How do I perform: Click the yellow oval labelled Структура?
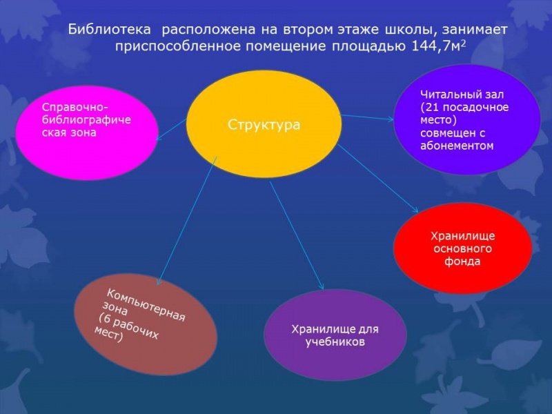(x=264, y=124)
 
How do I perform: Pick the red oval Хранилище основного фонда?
(x=462, y=248)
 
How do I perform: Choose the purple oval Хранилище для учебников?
(x=334, y=335)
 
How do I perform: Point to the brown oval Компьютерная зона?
(x=146, y=324)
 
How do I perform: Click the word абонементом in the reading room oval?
(x=457, y=146)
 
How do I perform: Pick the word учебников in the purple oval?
(x=335, y=342)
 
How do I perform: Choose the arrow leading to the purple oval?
(x=297, y=235)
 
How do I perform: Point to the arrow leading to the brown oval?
(x=186, y=221)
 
